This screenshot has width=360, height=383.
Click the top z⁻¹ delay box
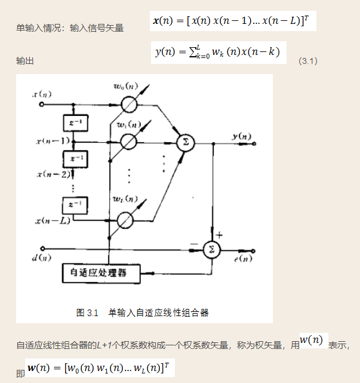click(x=76, y=123)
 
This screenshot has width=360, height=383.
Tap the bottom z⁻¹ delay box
click(x=76, y=204)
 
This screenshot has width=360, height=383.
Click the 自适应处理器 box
click(x=101, y=274)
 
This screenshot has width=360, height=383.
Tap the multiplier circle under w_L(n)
click(x=125, y=220)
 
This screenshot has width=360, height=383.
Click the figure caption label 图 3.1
click(x=87, y=312)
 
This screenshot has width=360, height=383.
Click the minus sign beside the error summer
click(x=193, y=244)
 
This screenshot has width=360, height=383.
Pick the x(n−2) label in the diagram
click(x=53, y=174)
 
